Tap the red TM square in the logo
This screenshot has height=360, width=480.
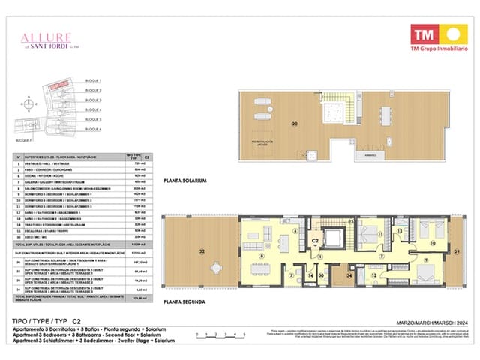(424, 34)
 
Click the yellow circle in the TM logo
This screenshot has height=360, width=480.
(453, 34)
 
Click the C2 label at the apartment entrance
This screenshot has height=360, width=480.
(316, 241)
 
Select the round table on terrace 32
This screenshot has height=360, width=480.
(183, 271)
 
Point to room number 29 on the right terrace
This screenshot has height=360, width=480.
(457, 253)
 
